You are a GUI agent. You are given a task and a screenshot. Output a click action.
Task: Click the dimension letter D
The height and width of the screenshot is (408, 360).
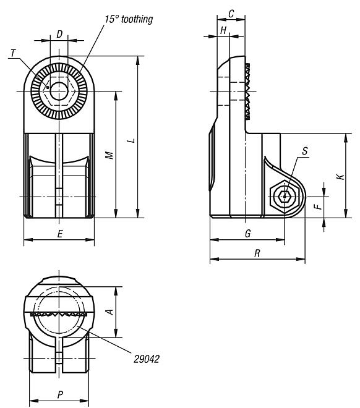[x=59, y=34]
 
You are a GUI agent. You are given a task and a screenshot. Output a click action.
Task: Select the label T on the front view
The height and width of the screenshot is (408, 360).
[x=13, y=54]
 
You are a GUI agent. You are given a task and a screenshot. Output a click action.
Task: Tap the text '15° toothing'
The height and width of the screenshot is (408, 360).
[x=127, y=19]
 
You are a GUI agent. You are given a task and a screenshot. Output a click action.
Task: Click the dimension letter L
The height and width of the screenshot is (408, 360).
[x=130, y=142]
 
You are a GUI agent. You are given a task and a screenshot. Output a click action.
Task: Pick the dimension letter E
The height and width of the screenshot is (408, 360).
[x=59, y=234]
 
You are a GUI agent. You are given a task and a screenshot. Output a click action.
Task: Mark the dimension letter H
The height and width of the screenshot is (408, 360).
[x=223, y=30]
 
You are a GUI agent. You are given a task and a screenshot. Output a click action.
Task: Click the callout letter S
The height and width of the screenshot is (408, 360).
[x=305, y=151]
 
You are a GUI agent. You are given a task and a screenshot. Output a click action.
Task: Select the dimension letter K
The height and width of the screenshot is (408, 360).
[x=339, y=177]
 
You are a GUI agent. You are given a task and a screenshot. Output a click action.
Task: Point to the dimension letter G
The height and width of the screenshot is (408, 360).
[x=247, y=234]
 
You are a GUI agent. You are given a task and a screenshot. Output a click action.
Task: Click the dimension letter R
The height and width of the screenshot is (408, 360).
[x=257, y=253]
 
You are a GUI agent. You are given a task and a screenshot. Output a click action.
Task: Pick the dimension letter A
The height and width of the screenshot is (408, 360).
[x=109, y=312]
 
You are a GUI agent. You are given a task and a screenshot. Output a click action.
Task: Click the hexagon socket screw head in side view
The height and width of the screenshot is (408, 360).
[x=285, y=197]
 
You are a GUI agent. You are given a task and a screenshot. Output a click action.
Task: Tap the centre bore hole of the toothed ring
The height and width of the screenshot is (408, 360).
[x=59, y=91]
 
